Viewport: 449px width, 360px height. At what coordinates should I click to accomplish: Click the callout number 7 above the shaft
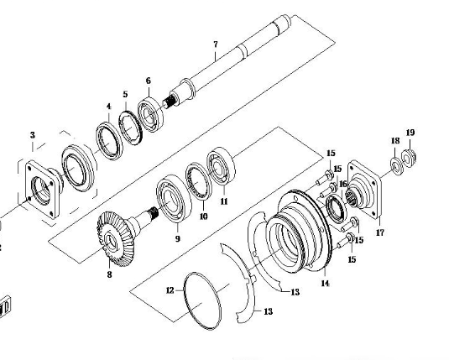point(216,44)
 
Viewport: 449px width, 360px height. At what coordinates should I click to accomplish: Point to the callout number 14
point(325,284)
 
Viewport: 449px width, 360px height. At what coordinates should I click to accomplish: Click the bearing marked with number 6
point(150,115)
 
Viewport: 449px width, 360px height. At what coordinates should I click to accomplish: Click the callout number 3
point(33,135)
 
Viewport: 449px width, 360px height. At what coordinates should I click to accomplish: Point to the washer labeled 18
point(397,165)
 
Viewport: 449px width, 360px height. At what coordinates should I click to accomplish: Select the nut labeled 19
point(410,157)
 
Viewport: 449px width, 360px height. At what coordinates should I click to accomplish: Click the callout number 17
point(379,232)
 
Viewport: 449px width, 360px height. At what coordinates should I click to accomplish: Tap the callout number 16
point(343,184)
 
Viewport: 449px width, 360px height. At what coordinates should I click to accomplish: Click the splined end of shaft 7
point(169,102)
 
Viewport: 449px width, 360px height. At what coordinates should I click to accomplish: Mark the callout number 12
point(170,290)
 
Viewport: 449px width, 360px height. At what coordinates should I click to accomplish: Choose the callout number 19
point(410,133)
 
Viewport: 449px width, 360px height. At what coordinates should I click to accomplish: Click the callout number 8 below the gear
point(109,274)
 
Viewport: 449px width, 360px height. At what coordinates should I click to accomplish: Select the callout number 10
point(203,217)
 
